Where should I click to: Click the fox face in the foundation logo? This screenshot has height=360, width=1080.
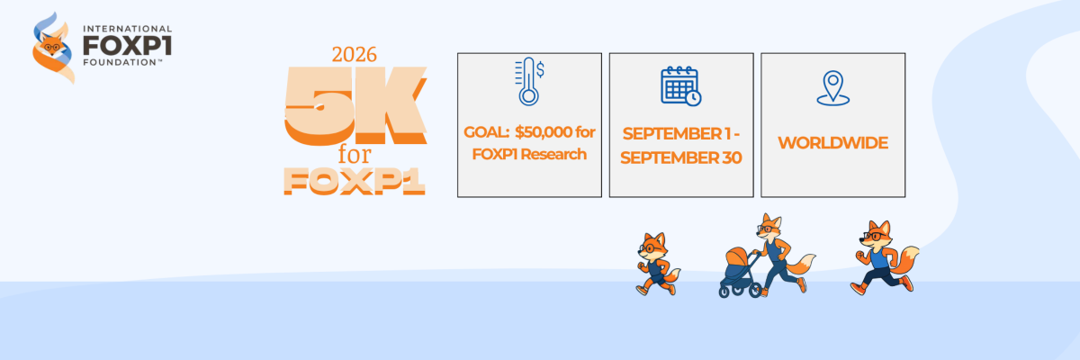(x=51, y=45)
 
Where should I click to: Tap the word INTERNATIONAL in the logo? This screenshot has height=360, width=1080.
(x=127, y=30)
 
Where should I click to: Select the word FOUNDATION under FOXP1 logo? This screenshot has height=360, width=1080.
(x=120, y=62)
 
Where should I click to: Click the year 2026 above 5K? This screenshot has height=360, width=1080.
(x=354, y=55)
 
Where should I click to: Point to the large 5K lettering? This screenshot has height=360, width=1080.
(x=355, y=106)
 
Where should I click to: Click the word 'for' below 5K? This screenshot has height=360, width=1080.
(x=355, y=154)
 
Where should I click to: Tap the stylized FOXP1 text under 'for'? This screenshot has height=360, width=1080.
(x=355, y=182)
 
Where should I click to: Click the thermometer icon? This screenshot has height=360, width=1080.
(x=529, y=81)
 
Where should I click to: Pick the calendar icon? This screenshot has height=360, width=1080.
(x=680, y=86)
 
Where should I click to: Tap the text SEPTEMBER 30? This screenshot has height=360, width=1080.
(x=680, y=157)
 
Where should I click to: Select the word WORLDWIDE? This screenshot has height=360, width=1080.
(x=832, y=143)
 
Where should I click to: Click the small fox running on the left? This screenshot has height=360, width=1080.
(x=657, y=264)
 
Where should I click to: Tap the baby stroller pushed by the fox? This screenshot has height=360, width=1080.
(x=739, y=272)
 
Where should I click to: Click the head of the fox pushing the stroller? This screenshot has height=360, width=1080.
(x=769, y=226)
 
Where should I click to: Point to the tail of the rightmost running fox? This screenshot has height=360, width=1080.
(x=905, y=260)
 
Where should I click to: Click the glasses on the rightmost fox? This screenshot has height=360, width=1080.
(x=874, y=236)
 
